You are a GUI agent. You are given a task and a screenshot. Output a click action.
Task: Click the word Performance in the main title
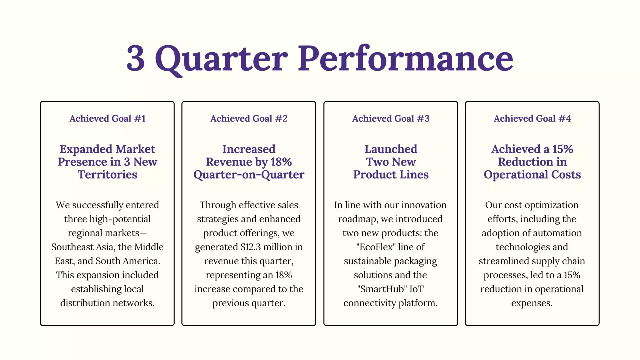coord(406,58)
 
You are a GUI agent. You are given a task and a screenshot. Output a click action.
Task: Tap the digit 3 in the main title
coord(135,58)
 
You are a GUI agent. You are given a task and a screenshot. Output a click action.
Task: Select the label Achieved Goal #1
coord(107,118)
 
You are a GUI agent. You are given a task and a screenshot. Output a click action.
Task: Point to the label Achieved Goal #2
coord(249,118)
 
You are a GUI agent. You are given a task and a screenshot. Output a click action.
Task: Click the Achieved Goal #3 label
coord(391,118)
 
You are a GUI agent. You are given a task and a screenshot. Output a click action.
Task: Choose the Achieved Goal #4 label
coord(532,118)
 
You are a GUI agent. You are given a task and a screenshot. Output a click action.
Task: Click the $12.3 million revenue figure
coord(260,247)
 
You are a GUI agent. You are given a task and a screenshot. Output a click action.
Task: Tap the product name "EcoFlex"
coord(363,247)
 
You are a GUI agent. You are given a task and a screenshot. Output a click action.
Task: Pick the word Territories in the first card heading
coord(107,175)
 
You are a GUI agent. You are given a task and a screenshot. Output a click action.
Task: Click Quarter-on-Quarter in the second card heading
coord(249,175)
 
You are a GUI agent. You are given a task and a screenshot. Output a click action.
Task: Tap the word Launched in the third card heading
coord(391,149)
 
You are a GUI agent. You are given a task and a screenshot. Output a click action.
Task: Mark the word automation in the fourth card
coord(558,233)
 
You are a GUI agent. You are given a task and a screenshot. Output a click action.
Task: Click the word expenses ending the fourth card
coord(532,303)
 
